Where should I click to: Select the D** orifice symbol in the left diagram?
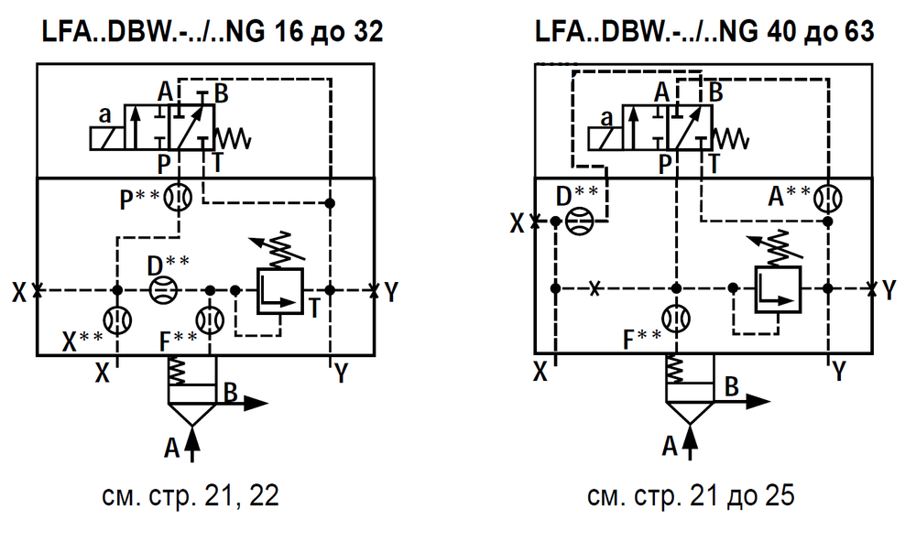point(162,290)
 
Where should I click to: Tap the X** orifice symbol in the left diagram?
point(117,320)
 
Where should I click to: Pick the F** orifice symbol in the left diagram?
point(210,320)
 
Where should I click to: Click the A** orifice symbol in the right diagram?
point(828,198)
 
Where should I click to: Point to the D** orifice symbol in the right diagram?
point(577,222)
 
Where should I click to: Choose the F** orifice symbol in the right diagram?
point(676,319)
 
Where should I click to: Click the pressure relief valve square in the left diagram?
point(280,290)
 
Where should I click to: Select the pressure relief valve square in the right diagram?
point(778,290)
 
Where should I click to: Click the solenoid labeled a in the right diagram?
point(605,139)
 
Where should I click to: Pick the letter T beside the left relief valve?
point(314,308)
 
